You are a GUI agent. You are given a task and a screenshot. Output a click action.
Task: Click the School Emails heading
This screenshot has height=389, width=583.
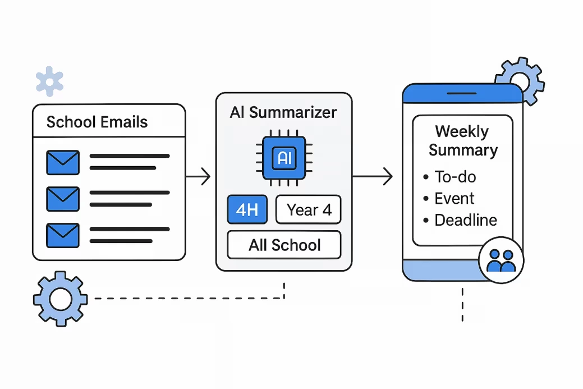click(x=97, y=122)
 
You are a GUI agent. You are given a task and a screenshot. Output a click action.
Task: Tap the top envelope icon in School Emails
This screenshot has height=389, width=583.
click(x=62, y=162)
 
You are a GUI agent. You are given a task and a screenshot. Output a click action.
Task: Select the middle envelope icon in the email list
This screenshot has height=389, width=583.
click(x=62, y=198)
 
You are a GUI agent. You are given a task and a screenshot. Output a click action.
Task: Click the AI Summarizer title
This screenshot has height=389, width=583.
click(x=283, y=112)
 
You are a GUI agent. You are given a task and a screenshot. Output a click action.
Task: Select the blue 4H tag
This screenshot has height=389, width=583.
click(x=247, y=210)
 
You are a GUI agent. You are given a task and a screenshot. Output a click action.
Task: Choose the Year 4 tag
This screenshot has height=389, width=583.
click(x=309, y=210)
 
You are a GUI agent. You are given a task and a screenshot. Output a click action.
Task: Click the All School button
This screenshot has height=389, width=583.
click(x=284, y=245)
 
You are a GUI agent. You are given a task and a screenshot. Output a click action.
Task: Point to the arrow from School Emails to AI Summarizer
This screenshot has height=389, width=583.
click(x=198, y=177)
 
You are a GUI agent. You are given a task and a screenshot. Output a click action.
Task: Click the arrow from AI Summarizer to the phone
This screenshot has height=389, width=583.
click(x=373, y=177)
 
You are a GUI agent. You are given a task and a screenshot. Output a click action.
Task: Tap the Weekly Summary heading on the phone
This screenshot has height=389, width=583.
click(x=462, y=141)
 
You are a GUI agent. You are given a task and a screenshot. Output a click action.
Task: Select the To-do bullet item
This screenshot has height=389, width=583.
click(x=455, y=177)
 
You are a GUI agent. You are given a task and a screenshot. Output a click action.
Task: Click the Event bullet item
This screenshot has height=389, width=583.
click(x=453, y=199)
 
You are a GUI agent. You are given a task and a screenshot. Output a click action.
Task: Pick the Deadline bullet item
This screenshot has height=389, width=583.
click(x=465, y=220)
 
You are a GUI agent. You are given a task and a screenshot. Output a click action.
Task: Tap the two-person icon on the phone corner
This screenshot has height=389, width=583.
click(x=501, y=261)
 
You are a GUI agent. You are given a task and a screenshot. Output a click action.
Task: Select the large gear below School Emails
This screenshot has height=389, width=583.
click(x=60, y=299)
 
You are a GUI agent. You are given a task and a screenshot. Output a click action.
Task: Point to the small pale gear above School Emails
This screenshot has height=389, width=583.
click(x=50, y=81)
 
